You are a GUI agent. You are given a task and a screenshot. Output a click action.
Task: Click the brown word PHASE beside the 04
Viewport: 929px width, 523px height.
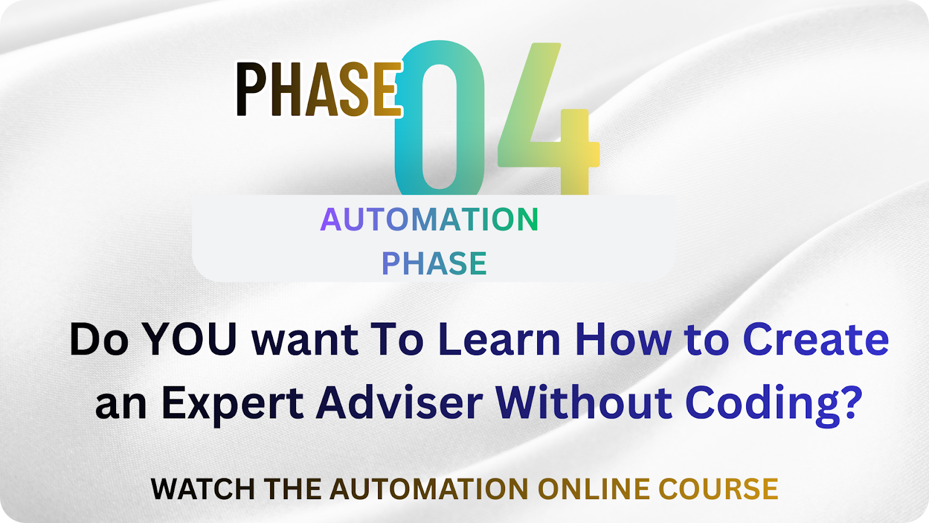319,89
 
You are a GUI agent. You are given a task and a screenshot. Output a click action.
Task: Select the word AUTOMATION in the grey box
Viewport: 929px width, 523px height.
429,219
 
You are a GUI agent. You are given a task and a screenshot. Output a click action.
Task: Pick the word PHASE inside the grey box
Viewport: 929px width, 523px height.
434,263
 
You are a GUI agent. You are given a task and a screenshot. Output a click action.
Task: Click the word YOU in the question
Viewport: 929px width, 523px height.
191,339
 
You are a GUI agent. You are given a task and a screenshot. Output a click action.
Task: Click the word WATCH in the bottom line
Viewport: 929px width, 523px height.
203,489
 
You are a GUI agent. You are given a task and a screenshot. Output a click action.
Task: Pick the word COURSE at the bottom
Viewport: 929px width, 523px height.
718,489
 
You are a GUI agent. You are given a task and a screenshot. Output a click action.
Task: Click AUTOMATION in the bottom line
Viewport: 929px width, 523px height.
429,489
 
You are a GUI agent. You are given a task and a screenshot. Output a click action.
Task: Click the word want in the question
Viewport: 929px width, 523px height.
305,341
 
